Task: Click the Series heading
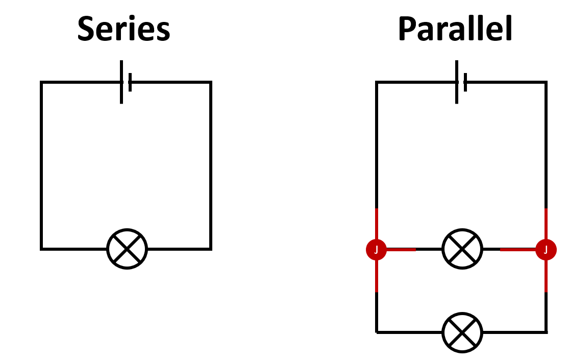[x=123, y=29]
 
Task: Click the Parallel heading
[x=455, y=29]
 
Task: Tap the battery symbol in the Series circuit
[x=126, y=82]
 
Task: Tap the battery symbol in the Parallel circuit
[x=461, y=82]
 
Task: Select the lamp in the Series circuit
[x=127, y=249]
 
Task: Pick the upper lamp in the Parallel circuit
[x=462, y=249]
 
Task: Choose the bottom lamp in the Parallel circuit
[x=462, y=332]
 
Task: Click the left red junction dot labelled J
[x=377, y=250]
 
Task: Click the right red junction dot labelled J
[x=546, y=250]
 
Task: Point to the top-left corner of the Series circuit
[x=42, y=82]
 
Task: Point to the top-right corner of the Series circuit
[x=210, y=82]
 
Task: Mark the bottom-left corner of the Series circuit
[x=42, y=249]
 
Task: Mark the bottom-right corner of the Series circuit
[x=210, y=249]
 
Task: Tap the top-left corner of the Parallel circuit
[x=377, y=82]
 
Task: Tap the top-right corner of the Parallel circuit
[x=546, y=82]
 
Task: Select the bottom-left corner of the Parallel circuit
[x=377, y=332]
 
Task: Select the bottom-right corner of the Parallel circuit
[x=546, y=332]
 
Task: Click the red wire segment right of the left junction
[x=401, y=250]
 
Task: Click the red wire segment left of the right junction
[x=518, y=250]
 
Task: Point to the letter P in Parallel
[x=408, y=30]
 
